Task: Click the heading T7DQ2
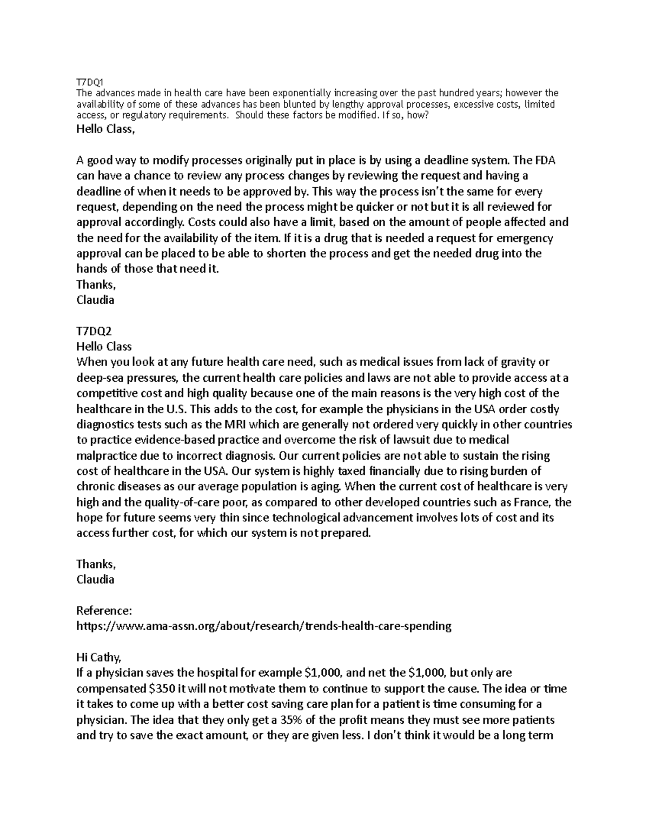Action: tap(94, 330)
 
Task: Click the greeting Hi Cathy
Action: tap(99, 657)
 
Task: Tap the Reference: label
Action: tap(104, 611)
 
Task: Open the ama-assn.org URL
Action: tap(263, 626)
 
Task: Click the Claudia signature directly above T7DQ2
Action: tap(95, 300)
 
